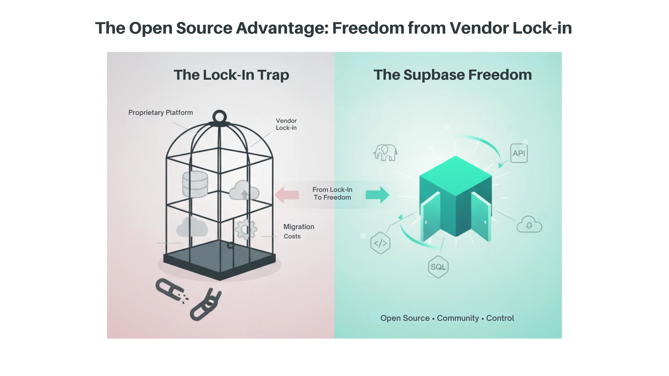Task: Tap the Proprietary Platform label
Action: tap(161, 113)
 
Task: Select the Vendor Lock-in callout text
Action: tap(286, 124)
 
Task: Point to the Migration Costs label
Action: tap(298, 231)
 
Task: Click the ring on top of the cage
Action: tap(220, 117)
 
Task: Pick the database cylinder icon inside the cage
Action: tap(195, 184)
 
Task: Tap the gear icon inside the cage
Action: tap(246, 229)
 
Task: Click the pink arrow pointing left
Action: tap(287, 195)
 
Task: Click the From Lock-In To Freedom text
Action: tap(332, 193)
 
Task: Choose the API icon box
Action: tap(519, 153)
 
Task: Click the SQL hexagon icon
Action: tap(438, 267)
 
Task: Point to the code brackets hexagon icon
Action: tap(380, 243)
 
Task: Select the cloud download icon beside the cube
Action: tap(529, 225)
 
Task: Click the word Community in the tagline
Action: tap(458, 318)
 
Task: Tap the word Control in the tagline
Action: tap(500, 318)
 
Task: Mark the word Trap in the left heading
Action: tap(273, 75)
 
